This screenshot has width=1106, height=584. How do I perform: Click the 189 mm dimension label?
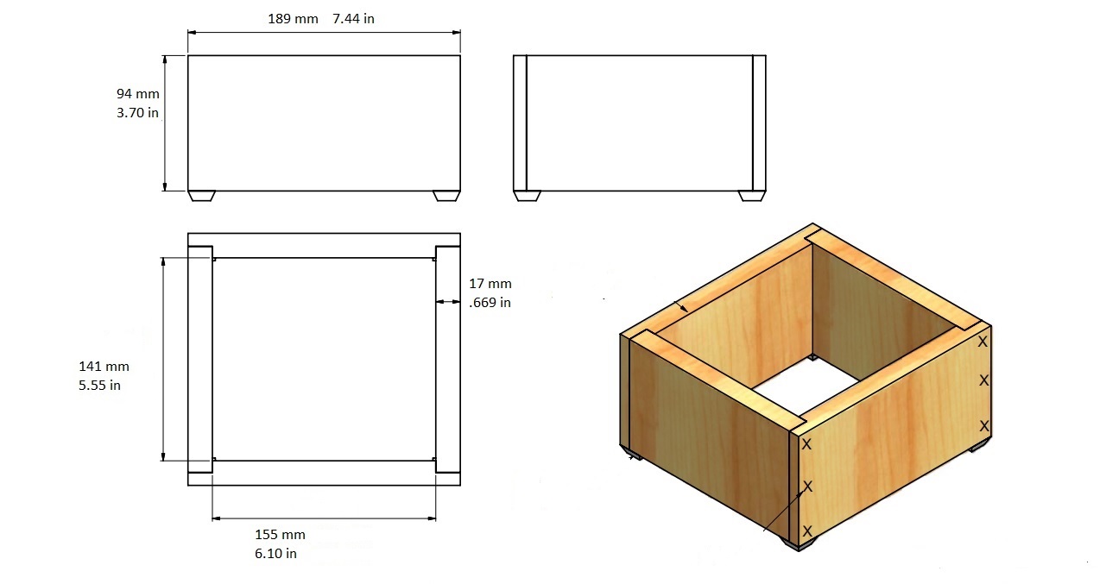293,19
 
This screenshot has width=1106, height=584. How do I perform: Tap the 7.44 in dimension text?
353,19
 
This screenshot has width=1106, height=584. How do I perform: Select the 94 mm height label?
138,94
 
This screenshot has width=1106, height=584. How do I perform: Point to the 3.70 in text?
137,113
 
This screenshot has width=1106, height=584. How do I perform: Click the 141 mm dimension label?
104,367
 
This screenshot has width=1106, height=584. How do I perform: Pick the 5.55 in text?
99,386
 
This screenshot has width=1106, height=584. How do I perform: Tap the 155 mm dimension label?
280,535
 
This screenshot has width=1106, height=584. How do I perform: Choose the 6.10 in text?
275,554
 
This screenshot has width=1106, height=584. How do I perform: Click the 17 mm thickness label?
490,284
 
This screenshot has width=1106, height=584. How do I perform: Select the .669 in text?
490,303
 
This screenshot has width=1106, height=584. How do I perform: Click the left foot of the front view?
201,196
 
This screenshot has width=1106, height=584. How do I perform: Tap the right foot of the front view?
447,196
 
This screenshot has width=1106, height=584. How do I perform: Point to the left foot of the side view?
528,196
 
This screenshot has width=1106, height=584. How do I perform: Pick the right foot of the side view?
752,196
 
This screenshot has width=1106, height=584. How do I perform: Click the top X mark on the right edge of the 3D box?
983,342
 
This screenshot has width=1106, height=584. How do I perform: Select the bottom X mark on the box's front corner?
807,531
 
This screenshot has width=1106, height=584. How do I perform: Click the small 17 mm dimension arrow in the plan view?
448,301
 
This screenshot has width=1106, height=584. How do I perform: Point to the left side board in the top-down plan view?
200,359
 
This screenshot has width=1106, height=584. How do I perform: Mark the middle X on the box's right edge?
984,380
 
